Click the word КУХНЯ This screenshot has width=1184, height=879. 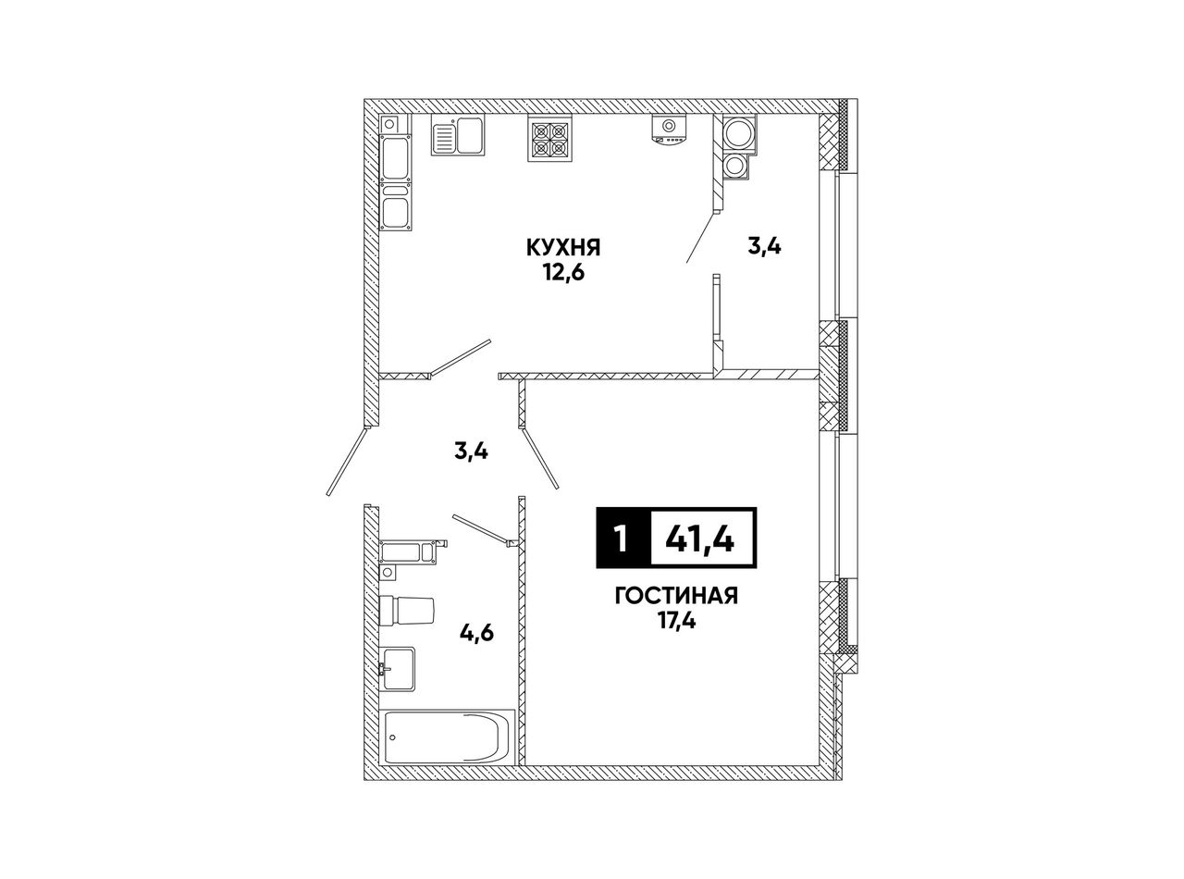(x=563, y=248)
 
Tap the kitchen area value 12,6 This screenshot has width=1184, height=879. (x=564, y=273)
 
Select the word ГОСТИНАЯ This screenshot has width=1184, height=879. (x=676, y=596)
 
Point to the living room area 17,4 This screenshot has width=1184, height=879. (x=676, y=621)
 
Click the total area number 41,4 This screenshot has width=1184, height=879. (x=700, y=538)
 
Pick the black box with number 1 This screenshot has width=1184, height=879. (x=623, y=538)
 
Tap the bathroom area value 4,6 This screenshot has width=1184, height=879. (x=476, y=634)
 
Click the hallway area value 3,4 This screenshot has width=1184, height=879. (x=472, y=452)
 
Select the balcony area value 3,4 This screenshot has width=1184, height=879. (x=764, y=247)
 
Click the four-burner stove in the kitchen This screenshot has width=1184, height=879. (x=550, y=139)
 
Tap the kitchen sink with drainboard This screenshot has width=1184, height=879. (x=459, y=136)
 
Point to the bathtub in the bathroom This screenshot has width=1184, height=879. (x=450, y=737)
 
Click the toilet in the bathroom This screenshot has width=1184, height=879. (x=406, y=611)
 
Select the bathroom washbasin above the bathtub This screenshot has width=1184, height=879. (x=398, y=669)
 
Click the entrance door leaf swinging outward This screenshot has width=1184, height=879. (x=347, y=462)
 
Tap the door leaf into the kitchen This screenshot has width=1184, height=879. (x=460, y=357)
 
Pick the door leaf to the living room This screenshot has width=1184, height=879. (x=538, y=458)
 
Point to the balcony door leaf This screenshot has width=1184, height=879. (x=700, y=237)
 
